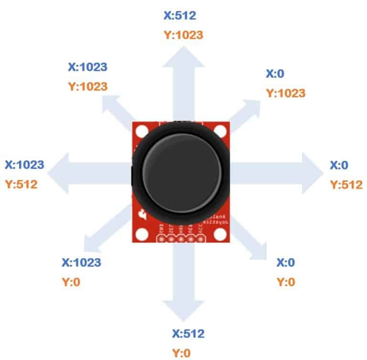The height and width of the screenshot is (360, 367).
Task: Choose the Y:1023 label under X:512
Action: point(183,34)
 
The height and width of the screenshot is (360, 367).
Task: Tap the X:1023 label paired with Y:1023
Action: point(87,67)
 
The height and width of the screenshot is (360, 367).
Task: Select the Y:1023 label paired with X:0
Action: point(285,93)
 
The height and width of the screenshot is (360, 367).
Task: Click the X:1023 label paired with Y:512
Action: point(24,165)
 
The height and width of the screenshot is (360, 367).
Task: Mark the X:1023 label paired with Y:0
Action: point(81,262)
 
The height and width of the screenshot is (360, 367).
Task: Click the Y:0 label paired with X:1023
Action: point(71,282)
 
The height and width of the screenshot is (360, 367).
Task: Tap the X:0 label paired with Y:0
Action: point(286,263)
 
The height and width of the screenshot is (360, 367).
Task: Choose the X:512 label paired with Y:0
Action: point(188,334)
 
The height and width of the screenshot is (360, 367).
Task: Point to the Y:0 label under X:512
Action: point(182,353)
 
